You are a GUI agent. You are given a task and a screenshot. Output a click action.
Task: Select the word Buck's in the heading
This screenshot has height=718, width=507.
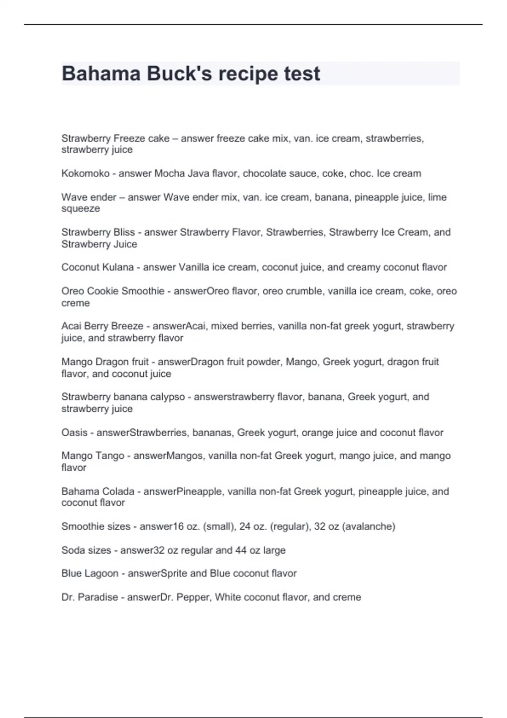coord(180,74)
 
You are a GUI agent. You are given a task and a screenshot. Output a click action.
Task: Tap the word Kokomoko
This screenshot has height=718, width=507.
coord(85,174)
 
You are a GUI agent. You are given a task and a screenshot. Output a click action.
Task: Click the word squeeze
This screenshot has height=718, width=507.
coord(81,209)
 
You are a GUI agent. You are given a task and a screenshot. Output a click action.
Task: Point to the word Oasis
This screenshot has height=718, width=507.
coord(74,432)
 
